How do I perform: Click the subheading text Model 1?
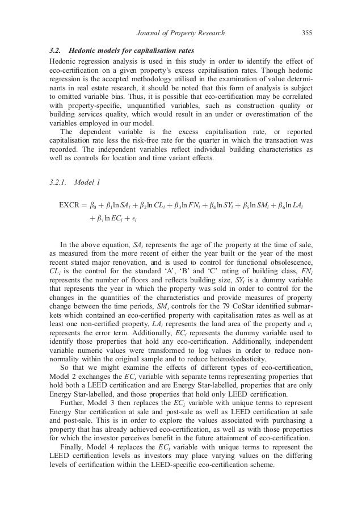(x=91, y=182)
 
